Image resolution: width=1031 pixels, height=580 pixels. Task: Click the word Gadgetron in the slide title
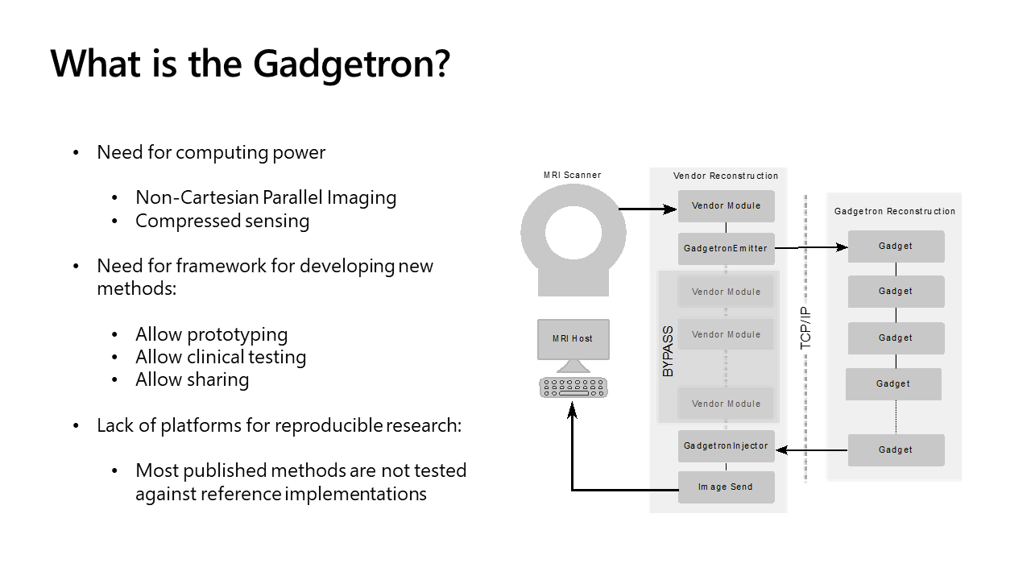pyautogui.click(x=351, y=64)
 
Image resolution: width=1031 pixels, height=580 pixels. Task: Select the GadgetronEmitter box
pyautogui.click(x=726, y=248)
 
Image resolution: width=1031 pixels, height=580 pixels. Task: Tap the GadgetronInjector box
pyautogui.click(x=726, y=446)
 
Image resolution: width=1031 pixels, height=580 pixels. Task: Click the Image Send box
pyautogui.click(x=726, y=487)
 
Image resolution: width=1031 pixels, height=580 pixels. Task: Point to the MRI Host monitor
pyautogui.click(x=573, y=339)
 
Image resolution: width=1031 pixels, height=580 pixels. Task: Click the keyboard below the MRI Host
pyautogui.click(x=573, y=387)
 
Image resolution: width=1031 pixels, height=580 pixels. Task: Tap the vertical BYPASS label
pyautogui.click(x=668, y=351)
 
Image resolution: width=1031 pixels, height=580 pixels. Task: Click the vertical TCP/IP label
pyautogui.click(x=806, y=328)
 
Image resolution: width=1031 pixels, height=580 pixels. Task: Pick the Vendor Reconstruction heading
pyautogui.click(x=726, y=176)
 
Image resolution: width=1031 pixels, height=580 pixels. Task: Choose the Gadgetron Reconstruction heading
pyautogui.click(x=894, y=212)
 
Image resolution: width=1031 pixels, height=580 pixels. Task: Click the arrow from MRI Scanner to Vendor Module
pyautogui.click(x=648, y=209)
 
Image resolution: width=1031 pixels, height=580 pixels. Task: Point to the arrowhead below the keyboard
pyautogui.click(x=573, y=410)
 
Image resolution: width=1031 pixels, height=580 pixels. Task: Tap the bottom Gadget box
pyautogui.click(x=896, y=450)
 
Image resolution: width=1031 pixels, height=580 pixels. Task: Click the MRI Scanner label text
pyautogui.click(x=572, y=175)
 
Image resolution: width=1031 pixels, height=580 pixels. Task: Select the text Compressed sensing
pyautogui.click(x=222, y=221)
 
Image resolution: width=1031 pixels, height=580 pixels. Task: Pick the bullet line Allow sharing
pyautogui.click(x=192, y=379)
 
